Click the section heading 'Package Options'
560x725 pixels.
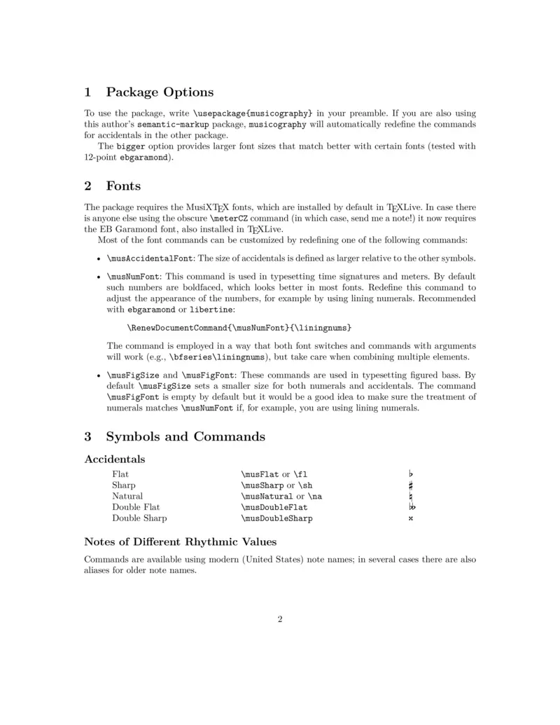[160, 92]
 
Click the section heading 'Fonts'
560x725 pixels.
[123, 186]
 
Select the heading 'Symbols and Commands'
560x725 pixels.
[185, 436]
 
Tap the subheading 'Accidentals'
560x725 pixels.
[114, 460]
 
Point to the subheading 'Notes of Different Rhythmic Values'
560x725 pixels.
[180, 541]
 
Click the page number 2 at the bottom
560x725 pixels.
[280, 619]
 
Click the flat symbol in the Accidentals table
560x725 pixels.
[411, 474]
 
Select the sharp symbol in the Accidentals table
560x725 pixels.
[411, 485]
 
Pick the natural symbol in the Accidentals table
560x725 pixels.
[411, 497]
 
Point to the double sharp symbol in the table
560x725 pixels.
[411, 519]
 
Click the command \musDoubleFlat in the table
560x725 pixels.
[274, 507]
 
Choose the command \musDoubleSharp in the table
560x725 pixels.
[276, 518]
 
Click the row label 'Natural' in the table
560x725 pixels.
[127, 497]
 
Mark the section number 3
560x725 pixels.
[88, 436]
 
